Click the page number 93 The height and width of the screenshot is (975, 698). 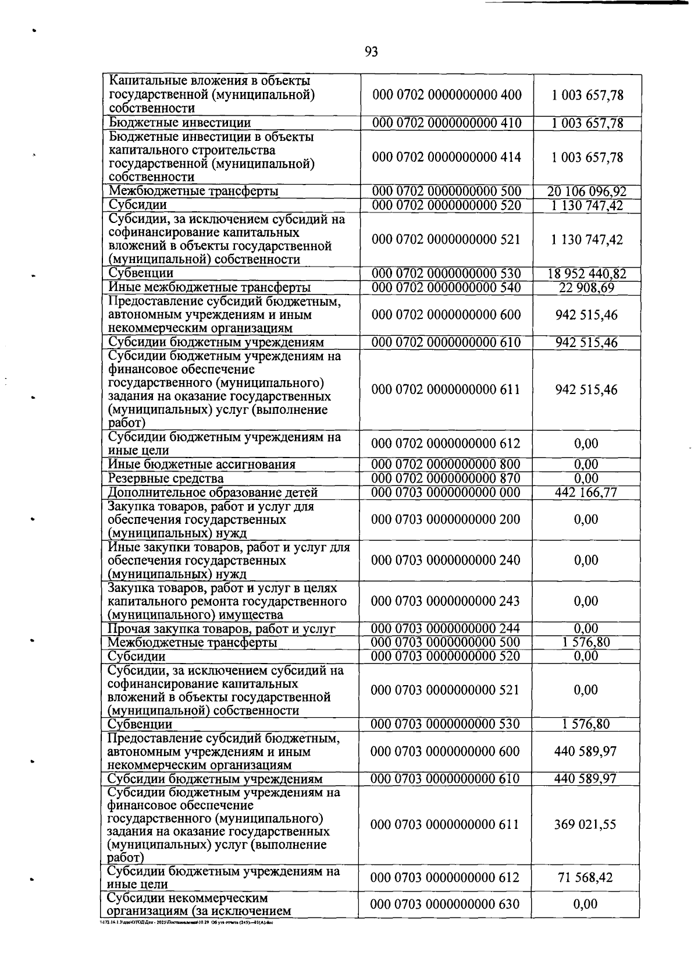tap(371, 52)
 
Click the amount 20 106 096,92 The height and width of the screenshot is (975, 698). tap(587, 192)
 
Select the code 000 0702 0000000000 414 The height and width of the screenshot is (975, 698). tap(446, 157)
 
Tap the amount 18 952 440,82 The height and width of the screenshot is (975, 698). tap(587, 274)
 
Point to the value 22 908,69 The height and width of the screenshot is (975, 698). tap(587, 288)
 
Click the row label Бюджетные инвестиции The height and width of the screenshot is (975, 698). tap(180, 123)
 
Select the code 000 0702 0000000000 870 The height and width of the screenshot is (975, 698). tap(446, 478)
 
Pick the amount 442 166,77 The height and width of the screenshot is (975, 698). tap(586, 492)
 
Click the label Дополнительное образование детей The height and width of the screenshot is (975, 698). tap(213, 492)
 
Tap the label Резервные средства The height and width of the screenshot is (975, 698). tap(166, 478)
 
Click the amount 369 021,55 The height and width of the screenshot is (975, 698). tap(586, 824)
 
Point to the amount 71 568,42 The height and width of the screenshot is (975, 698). tap(586, 877)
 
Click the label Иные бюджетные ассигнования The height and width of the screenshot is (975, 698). tap(202, 465)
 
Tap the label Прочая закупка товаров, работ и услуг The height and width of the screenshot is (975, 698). tap(222, 629)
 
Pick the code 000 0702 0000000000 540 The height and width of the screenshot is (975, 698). tap(446, 288)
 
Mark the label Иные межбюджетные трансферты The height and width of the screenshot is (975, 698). tap(209, 288)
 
